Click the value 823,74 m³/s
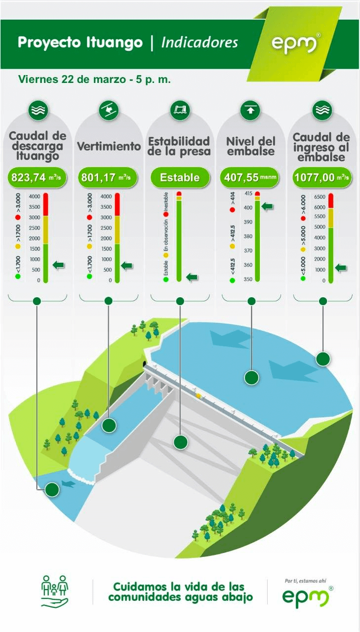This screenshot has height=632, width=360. pos(37,177)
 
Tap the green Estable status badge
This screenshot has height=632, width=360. pos(180,177)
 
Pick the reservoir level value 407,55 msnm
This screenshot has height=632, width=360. pos(250,177)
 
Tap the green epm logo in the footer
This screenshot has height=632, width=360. pos(307,595)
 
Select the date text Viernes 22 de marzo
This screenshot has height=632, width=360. pos(72,79)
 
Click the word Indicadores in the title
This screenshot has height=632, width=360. pos(200,42)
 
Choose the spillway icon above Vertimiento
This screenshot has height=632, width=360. pos(109,110)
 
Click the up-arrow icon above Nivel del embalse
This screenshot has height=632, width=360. pos(250,110)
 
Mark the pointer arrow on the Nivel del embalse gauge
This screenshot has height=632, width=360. pos(267,206)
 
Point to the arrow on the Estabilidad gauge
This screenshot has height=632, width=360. pos(192,277)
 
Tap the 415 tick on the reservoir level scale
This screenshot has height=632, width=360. pos(248,194)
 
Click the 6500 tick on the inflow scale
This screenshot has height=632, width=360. pos(320,197)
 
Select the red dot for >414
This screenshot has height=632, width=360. pos(232,210)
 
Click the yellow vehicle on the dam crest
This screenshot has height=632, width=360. pos(199,395)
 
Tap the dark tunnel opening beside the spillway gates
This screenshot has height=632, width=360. pos(145,363)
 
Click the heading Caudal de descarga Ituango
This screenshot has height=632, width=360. pos(37,146)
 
